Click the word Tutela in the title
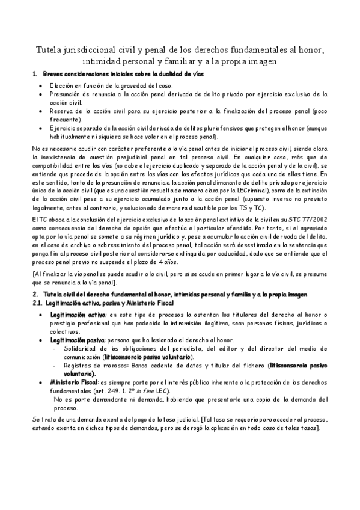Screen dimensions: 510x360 (48, 49)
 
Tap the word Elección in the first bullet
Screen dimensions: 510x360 (63, 85)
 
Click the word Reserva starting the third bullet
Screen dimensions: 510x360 (61, 111)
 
